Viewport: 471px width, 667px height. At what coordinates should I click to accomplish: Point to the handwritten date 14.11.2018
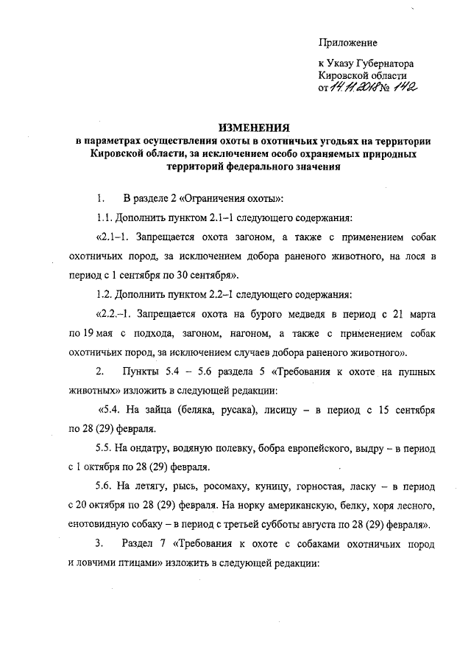(356, 88)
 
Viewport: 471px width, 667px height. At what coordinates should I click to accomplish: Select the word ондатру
(152, 448)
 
